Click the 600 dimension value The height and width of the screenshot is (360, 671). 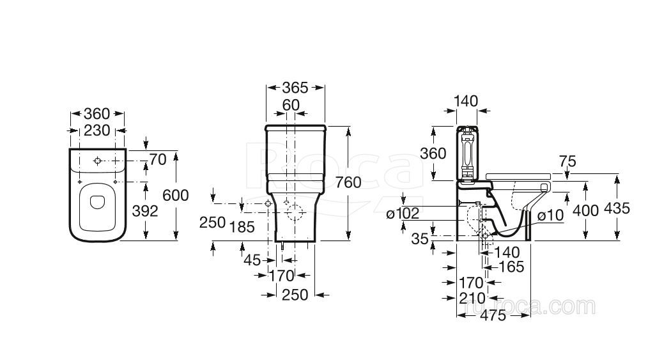176,195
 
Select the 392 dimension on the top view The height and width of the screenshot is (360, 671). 144,210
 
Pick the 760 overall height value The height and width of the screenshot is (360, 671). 348,182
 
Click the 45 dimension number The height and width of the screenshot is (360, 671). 252,260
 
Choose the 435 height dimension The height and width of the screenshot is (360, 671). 617,208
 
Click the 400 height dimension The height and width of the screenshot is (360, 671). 586,210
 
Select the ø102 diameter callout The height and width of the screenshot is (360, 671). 401,214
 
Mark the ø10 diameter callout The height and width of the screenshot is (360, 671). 550,215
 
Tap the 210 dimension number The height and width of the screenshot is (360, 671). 472,299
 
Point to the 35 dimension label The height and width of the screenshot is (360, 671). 420,239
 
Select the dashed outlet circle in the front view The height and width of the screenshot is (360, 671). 297,214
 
